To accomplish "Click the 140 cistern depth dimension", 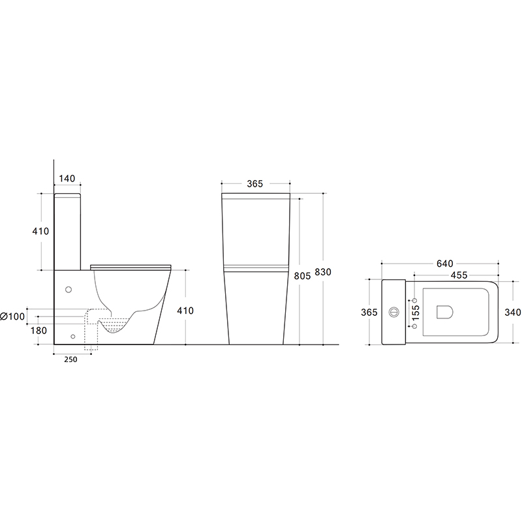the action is click(67, 178).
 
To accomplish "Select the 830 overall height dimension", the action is click(323, 272).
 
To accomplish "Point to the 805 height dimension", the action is click(302, 275).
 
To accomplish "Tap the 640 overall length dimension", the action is click(445, 264).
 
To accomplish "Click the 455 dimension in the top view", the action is click(459, 275).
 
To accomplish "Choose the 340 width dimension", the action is click(513, 313).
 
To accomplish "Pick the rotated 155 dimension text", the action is click(416, 313).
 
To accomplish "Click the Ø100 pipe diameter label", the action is click(12, 316).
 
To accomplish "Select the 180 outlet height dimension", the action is click(38, 331).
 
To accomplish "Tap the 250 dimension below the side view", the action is click(70, 360).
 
